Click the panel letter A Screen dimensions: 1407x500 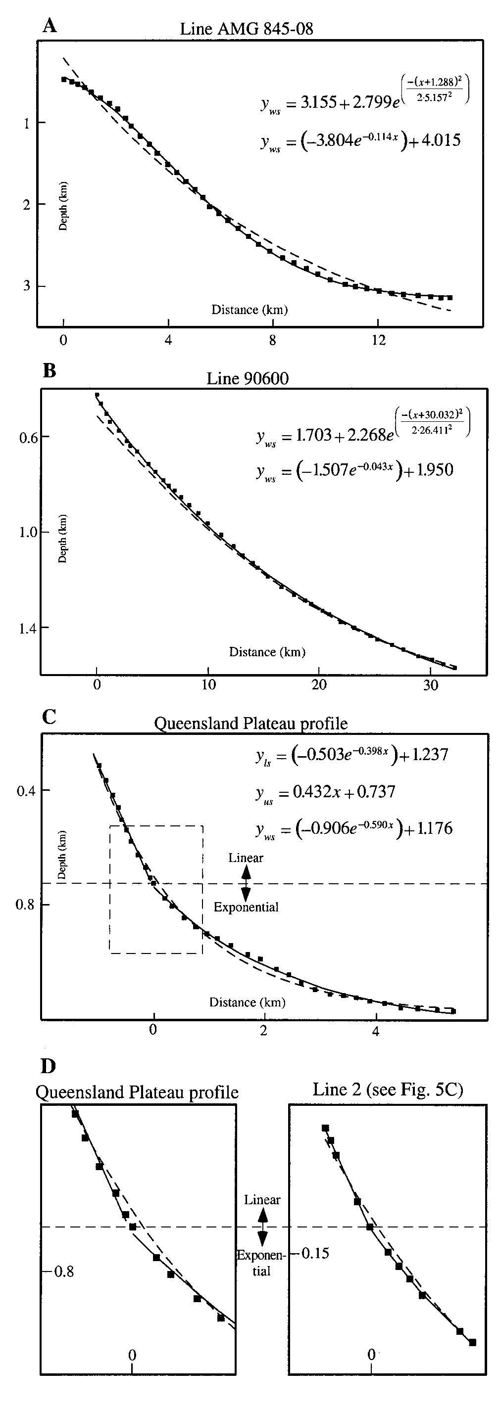49,26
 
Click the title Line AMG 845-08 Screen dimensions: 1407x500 247,28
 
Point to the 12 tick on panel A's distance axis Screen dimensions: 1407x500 378,340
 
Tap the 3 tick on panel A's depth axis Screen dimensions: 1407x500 26,286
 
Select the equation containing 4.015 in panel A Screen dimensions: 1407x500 361,140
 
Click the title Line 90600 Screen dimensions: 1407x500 247,378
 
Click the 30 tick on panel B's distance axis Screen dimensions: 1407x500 431,685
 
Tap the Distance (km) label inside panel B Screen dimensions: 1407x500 267,652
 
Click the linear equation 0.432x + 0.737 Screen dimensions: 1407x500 326,792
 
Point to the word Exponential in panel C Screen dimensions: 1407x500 246,907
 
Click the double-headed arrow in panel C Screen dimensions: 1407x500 246,883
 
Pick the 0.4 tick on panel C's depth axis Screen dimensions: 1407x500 26,790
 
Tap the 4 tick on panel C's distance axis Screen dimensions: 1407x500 375,1031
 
